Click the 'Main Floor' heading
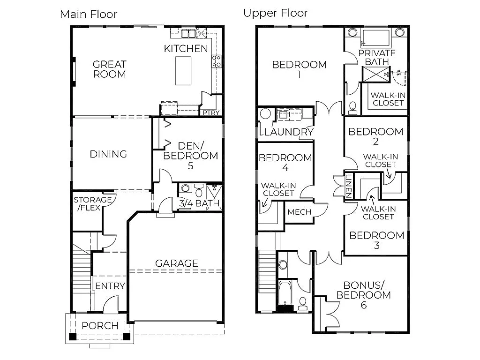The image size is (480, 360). [x=89, y=14]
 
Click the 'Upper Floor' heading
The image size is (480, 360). [x=275, y=13]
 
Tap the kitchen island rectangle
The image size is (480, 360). [x=183, y=70]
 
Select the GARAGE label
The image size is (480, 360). [x=177, y=263]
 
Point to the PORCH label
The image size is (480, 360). [x=100, y=326]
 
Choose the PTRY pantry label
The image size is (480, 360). [x=211, y=112]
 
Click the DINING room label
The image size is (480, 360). [x=108, y=154]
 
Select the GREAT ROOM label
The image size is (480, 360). [x=109, y=69]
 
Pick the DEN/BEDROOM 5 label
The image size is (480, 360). [x=190, y=156]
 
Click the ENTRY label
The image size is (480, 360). [x=110, y=286]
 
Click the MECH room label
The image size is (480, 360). [x=299, y=212]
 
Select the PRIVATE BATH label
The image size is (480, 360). [x=377, y=57]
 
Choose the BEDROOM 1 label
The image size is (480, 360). [x=299, y=69]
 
